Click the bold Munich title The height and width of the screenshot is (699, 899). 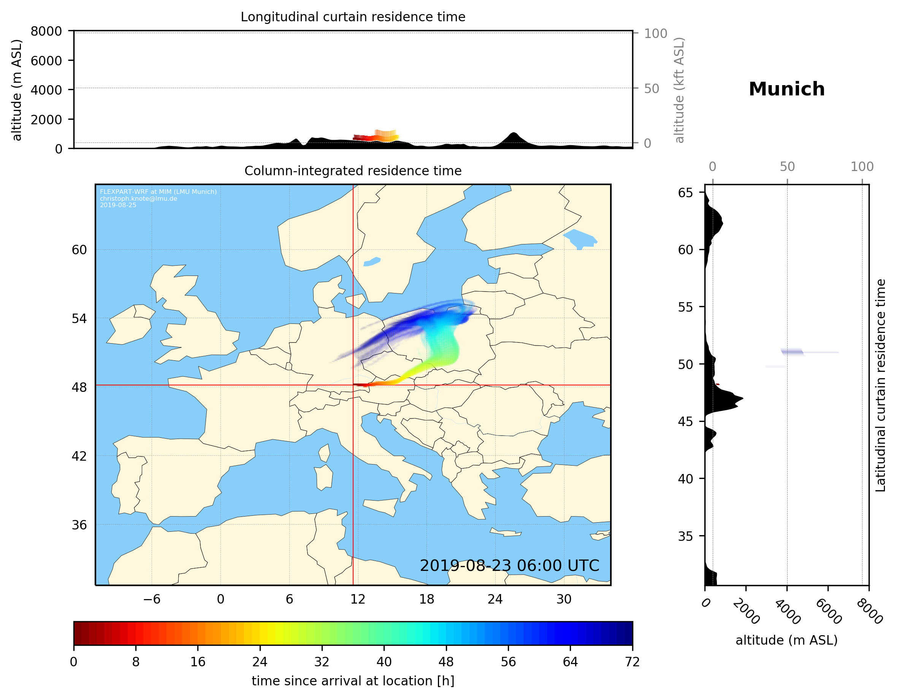[786, 89]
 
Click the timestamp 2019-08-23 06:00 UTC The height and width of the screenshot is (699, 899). [509, 566]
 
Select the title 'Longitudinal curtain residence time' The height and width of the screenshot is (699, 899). [353, 17]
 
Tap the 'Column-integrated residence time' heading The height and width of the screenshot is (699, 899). [353, 171]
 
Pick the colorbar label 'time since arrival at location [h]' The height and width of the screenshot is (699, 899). [353, 681]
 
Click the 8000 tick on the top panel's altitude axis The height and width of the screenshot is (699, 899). [46, 31]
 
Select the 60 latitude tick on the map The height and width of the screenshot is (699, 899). [79, 250]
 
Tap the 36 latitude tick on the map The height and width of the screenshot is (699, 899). [79, 525]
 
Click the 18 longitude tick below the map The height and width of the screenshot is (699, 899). [427, 599]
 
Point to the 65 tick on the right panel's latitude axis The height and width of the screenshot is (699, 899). [685, 193]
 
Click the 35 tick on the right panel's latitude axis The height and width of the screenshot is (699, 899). [685, 536]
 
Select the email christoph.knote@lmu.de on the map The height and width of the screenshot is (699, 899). [138, 198]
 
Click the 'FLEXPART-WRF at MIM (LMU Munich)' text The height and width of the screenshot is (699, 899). [158, 192]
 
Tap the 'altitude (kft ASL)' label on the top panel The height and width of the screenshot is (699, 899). [679, 90]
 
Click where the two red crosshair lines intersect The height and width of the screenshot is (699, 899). [353, 385]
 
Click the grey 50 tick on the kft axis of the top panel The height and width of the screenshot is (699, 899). [651, 89]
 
